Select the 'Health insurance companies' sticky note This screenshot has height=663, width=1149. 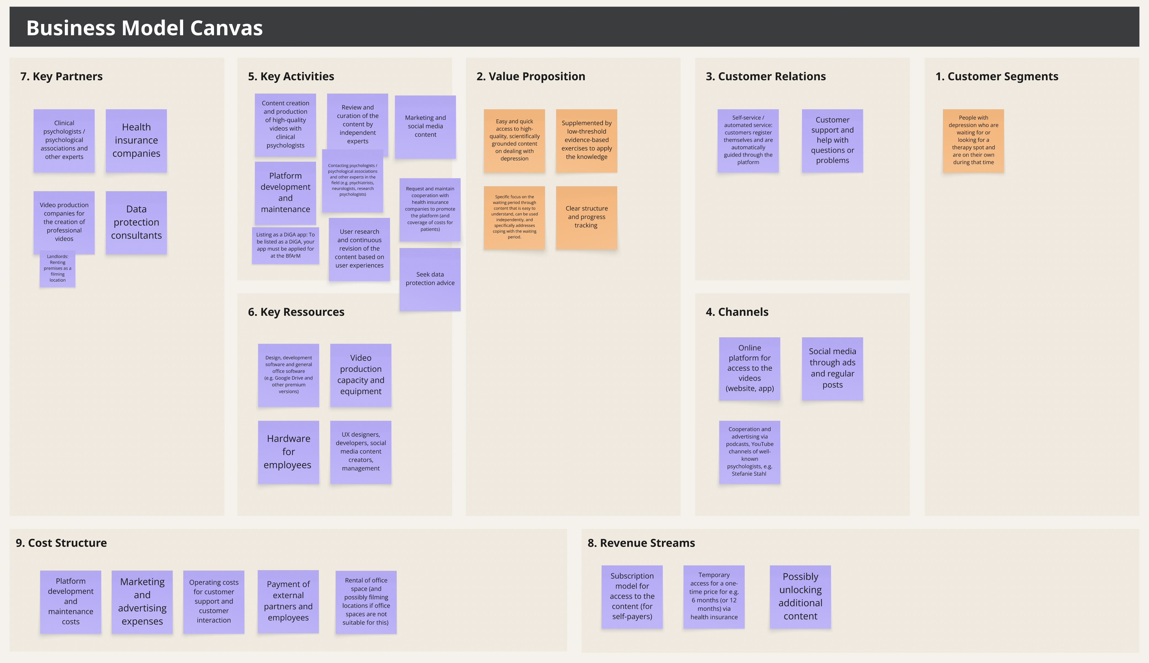pyautogui.click(x=136, y=141)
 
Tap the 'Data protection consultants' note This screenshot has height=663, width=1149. pyautogui.click(x=136, y=223)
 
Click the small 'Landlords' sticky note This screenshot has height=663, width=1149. pyautogui.click(x=57, y=269)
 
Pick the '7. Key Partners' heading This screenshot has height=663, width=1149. pyautogui.click(x=62, y=76)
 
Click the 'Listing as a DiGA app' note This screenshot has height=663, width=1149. pyautogui.click(x=285, y=245)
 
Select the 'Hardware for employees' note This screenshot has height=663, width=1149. pyautogui.click(x=288, y=452)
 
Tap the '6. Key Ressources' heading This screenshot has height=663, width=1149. pyautogui.click(x=296, y=312)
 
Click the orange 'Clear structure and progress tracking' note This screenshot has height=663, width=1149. pyautogui.click(x=586, y=218)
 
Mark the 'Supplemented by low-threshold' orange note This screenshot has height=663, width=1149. pyautogui.click(x=586, y=141)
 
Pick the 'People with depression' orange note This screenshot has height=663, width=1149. pyautogui.click(x=973, y=141)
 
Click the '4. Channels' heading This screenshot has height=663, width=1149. pyautogui.click(x=737, y=312)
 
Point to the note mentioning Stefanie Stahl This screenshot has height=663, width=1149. pyautogui.click(x=749, y=452)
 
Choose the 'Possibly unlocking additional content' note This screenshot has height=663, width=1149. pyautogui.click(x=800, y=597)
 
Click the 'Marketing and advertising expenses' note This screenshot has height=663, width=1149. pyautogui.click(x=142, y=602)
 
